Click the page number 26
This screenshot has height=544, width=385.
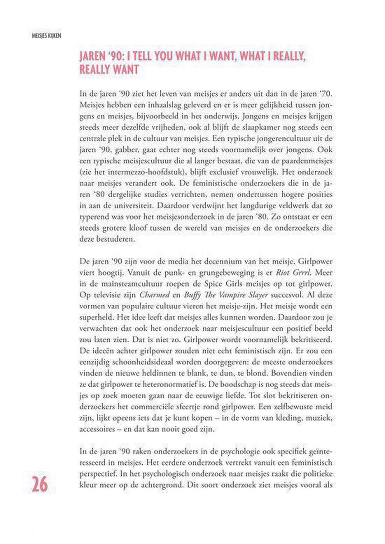click(39, 484)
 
